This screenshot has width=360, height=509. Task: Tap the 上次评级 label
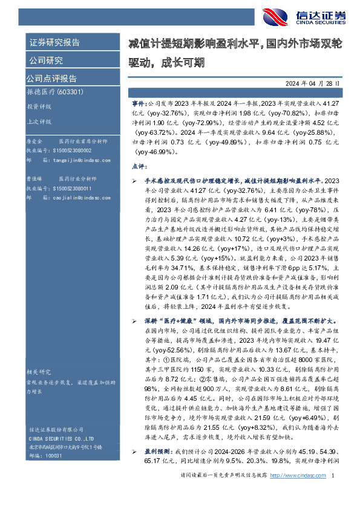[x=38, y=121]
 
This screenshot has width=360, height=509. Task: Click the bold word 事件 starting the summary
[x=139, y=104]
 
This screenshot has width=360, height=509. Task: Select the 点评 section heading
[x=139, y=165]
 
